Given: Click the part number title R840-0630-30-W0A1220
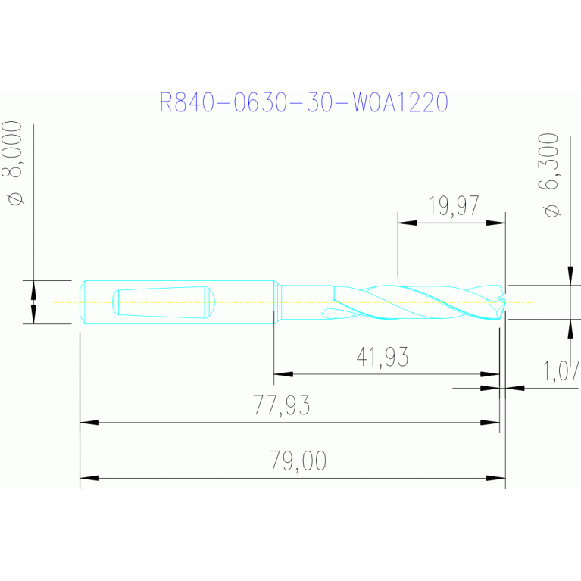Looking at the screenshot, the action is (304, 102).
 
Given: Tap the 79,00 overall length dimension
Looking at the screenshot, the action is (298, 461).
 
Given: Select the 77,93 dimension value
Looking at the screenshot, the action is (282, 405).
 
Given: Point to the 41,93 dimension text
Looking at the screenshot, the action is (383, 357).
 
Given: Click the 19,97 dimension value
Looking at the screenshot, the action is (454, 205).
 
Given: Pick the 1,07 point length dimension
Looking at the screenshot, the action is (561, 370).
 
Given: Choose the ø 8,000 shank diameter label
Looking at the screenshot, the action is (13, 163).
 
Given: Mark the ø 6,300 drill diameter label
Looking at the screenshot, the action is (548, 175).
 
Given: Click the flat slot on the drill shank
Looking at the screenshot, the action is (164, 302).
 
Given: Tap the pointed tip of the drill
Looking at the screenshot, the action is (505, 302).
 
